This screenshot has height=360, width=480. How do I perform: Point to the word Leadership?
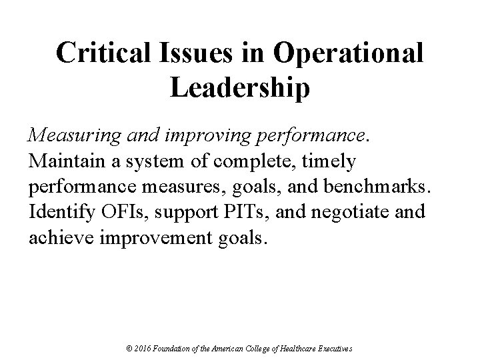pyautogui.click(x=240, y=88)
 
